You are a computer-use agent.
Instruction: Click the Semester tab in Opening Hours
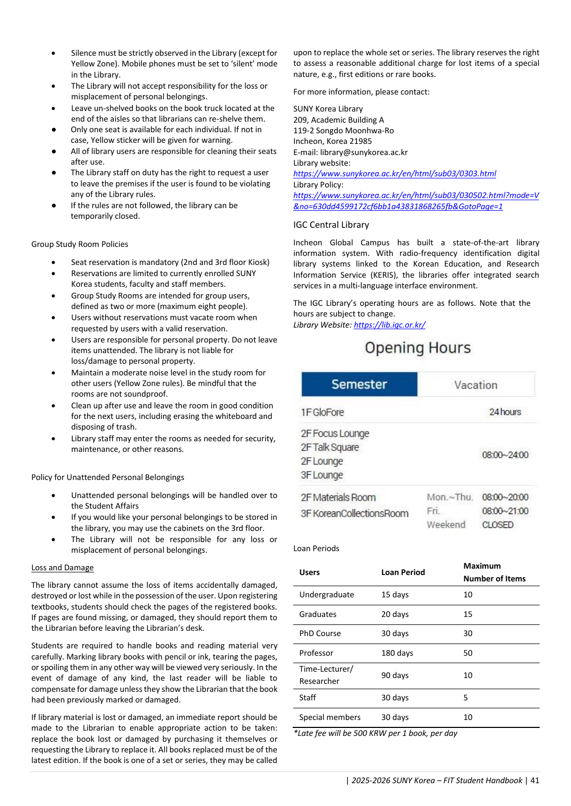pyautogui.click(x=359, y=384)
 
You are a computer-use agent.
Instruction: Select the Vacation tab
pyautogui.click(x=475, y=385)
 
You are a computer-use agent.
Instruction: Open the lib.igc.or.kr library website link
pyautogui.click(x=389, y=325)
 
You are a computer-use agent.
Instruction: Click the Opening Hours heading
pyautogui.click(x=417, y=348)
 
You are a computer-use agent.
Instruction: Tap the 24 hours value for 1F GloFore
pyautogui.click(x=505, y=412)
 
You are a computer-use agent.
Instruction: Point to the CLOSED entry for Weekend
pyautogui.click(x=498, y=525)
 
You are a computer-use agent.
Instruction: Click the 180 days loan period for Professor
pyautogui.click(x=397, y=653)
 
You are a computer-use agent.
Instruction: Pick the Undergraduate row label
pyautogui.click(x=326, y=595)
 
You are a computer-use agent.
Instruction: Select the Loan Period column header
pyautogui.click(x=403, y=572)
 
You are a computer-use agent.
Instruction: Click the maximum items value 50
pyautogui.click(x=467, y=653)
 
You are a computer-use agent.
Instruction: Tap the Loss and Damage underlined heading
pyautogui.click(x=62, y=568)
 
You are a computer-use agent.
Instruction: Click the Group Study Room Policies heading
pyautogui.click(x=80, y=244)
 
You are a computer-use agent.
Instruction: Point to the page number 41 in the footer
pyautogui.click(x=534, y=781)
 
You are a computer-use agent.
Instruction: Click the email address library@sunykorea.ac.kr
pyautogui.click(x=364, y=152)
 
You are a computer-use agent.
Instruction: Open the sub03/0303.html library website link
pyautogui.click(x=395, y=174)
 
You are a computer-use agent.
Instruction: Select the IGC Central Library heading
pyautogui.click(x=331, y=225)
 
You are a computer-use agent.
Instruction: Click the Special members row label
pyautogui.click(x=329, y=717)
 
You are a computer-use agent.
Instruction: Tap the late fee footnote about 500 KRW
pyautogui.click(x=375, y=733)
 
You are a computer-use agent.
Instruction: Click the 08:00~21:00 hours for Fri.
pyautogui.click(x=505, y=511)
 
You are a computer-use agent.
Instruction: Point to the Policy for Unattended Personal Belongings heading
pyautogui.click(x=107, y=477)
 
